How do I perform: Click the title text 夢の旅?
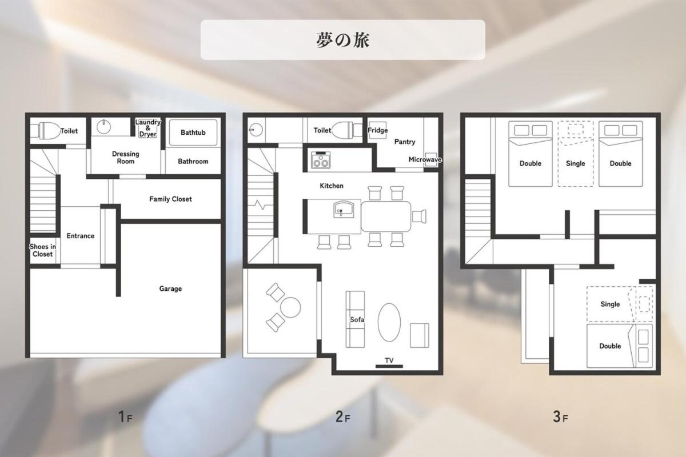(342, 40)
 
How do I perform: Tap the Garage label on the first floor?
(170, 288)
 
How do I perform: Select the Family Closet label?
(170, 199)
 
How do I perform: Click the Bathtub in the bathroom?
(193, 132)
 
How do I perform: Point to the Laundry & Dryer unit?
(148, 129)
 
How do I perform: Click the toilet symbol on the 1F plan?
(45, 131)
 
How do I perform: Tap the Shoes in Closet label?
(42, 250)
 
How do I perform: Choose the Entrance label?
(80, 236)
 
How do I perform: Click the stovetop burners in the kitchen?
(321, 161)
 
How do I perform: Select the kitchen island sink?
(344, 210)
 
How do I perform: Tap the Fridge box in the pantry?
(377, 130)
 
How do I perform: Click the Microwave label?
(425, 159)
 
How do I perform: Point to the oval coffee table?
(389, 322)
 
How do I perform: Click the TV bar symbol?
(389, 366)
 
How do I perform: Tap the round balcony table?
(290, 307)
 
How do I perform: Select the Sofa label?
(357, 319)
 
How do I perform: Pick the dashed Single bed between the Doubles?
(576, 154)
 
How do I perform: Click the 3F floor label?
(560, 416)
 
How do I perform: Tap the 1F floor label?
(125, 416)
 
